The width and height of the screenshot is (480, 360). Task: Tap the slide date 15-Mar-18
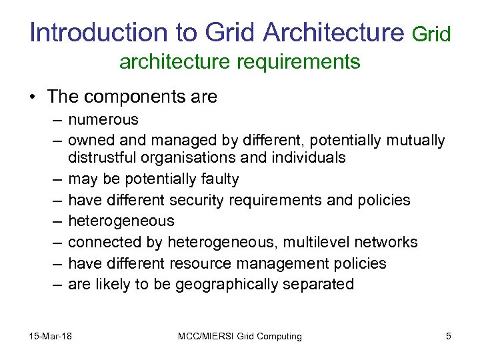click(51, 336)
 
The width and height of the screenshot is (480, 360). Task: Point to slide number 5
click(449, 336)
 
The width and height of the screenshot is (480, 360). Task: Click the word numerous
click(103, 120)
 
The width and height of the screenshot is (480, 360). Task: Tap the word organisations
click(195, 158)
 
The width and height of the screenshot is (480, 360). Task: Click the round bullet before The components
click(33, 97)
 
